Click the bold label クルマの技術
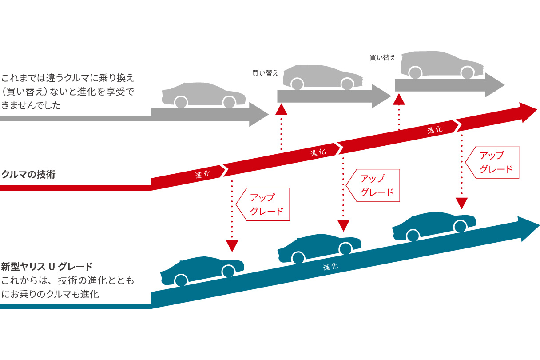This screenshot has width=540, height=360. (28, 174)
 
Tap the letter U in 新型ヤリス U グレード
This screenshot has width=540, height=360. (51, 267)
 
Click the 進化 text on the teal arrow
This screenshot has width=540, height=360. (330, 267)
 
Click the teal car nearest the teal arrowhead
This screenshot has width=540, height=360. (434, 225)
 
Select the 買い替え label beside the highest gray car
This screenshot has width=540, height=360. (382, 58)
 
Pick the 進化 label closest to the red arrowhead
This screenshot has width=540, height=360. (435, 130)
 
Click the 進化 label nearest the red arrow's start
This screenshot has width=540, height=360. (203, 175)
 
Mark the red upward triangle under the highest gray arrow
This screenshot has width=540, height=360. (399, 99)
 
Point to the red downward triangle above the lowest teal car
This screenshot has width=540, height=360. (232, 246)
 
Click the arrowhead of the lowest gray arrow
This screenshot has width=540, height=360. (259, 115)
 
